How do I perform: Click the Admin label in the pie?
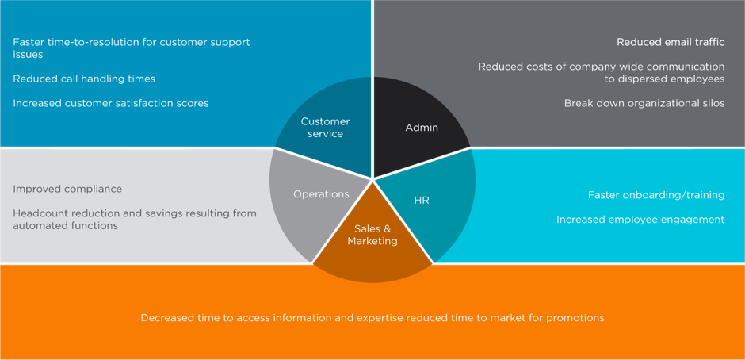[x=421, y=128]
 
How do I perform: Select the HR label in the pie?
[x=422, y=201]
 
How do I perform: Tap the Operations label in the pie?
[x=321, y=194]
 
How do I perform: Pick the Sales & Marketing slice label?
[x=372, y=235]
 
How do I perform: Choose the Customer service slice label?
[x=325, y=128]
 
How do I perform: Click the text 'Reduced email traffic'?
[x=670, y=42]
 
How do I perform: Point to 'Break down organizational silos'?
[x=644, y=103]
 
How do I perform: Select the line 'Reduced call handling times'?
[x=84, y=79]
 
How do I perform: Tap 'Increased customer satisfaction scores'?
[x=111, y=103]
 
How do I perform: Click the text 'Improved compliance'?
[x=67, y=189]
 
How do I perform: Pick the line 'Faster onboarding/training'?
[x=655, y=195]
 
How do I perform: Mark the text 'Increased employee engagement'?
[x=640, y=220]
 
